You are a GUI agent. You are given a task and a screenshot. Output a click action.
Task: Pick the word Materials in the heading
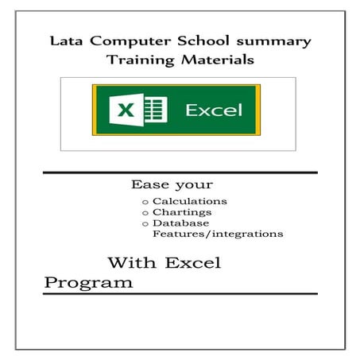pyautogui.click(x=213, y=60)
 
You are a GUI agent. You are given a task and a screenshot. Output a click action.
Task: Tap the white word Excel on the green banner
pyautogui.click(x=213, y=110)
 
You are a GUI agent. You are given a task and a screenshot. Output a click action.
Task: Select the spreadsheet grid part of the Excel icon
pyautogui.click(x=156, y=109)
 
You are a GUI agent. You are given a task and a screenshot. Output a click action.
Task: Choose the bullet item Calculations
pyautogui.click(x=190, y=201)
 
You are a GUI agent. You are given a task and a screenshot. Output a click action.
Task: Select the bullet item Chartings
pyautogui.click(x=182, y=212)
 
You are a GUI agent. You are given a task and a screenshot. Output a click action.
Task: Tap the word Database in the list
pyautogui.click(x=181, y=223)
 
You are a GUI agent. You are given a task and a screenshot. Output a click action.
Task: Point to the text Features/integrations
pyautogui.click(x=217, y=234)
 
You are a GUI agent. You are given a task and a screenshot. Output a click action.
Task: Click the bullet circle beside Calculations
pyautogui.click(x=145, y=202)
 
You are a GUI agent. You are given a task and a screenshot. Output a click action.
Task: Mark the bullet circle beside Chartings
pyautogui.click(x=145, y=213)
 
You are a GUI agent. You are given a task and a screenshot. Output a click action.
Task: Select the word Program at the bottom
pyautogui.click(x=88, y=282)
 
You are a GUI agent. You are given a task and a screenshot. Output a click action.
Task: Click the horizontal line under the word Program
pyautogui.click(x=180, y=293)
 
